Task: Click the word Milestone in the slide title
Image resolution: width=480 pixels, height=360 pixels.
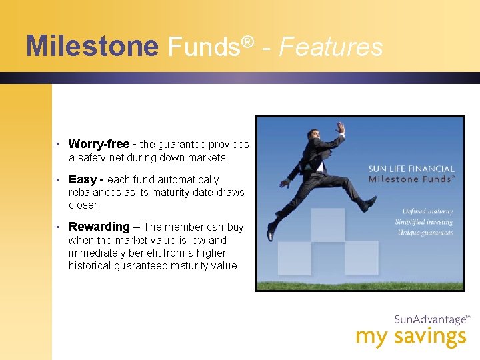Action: click(x=92, y=47)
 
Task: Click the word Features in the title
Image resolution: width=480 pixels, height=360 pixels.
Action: click(x=331, y=47)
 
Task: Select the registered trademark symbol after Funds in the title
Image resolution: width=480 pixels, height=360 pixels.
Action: click(x=247, y=41)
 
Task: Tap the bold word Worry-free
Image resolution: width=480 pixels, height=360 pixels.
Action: click(x=99, y=144)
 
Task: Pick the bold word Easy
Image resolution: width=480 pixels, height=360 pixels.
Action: click(x=83, y=179)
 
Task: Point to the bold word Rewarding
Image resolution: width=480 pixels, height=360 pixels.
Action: click(x=99, y=227)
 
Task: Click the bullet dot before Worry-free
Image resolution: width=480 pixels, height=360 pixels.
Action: click(x=59, y=145)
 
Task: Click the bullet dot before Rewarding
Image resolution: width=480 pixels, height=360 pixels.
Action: click(x=59, y=227)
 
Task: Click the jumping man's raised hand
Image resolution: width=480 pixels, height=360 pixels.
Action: click(x=341, y=127)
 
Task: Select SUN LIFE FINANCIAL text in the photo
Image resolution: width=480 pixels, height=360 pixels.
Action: click(x=411, y=169)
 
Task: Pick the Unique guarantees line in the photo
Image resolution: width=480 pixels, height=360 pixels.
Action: click(x=425, y=233)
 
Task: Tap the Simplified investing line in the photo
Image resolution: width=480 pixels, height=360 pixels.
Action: click(x=423, y=222)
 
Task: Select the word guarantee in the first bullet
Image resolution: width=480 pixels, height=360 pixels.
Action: click(x=181, y=145)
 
